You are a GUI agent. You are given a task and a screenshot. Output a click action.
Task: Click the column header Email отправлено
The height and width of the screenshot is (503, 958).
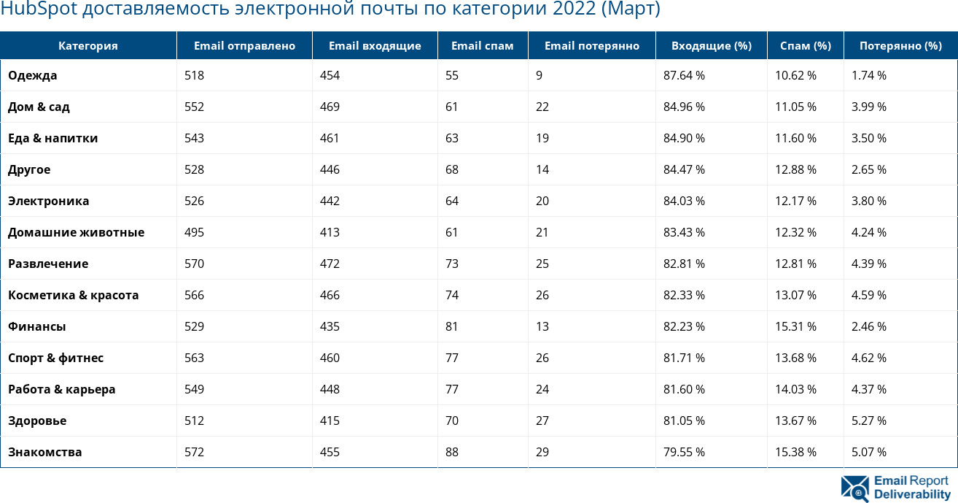click(244, 46)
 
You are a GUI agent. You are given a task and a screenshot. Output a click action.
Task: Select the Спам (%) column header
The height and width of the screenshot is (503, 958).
click(805, 46)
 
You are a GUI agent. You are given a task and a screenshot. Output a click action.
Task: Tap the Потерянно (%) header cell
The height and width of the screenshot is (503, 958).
click(900, 46)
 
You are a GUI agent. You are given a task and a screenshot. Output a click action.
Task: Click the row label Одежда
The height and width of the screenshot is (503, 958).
click(33, 75)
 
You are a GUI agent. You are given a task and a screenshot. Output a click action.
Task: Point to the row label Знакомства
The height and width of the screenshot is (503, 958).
click(45, 452)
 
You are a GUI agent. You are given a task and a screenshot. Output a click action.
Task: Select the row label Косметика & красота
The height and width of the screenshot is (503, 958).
click(74, 295)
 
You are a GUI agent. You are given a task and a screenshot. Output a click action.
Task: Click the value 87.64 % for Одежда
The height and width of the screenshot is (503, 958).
click(684, 75)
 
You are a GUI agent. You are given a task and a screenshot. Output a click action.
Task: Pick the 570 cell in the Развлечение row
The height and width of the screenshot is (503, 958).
click(195, 264)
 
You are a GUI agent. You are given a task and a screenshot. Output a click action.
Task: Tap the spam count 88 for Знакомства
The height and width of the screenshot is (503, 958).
click(452, 452)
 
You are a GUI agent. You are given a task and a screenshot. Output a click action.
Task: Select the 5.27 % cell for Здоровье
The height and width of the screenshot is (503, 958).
click(869, 421)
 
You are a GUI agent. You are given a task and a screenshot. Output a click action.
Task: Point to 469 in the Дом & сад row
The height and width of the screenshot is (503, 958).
click(330, 107)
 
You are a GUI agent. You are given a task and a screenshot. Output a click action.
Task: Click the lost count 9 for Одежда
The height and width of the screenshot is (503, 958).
click(539, 75)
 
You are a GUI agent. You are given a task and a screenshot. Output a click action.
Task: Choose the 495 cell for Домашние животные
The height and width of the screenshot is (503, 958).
click(195, 232)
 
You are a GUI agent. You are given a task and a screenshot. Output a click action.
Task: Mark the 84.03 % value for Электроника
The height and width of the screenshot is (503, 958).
click(684, 201)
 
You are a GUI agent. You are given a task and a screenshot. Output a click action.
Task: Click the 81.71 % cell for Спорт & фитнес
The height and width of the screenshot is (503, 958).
click(684, 358)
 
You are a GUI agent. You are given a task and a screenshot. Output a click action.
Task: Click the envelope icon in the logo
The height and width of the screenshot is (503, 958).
click(854, 488)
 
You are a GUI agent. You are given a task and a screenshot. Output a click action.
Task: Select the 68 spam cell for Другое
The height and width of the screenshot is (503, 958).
click(452, 169)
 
